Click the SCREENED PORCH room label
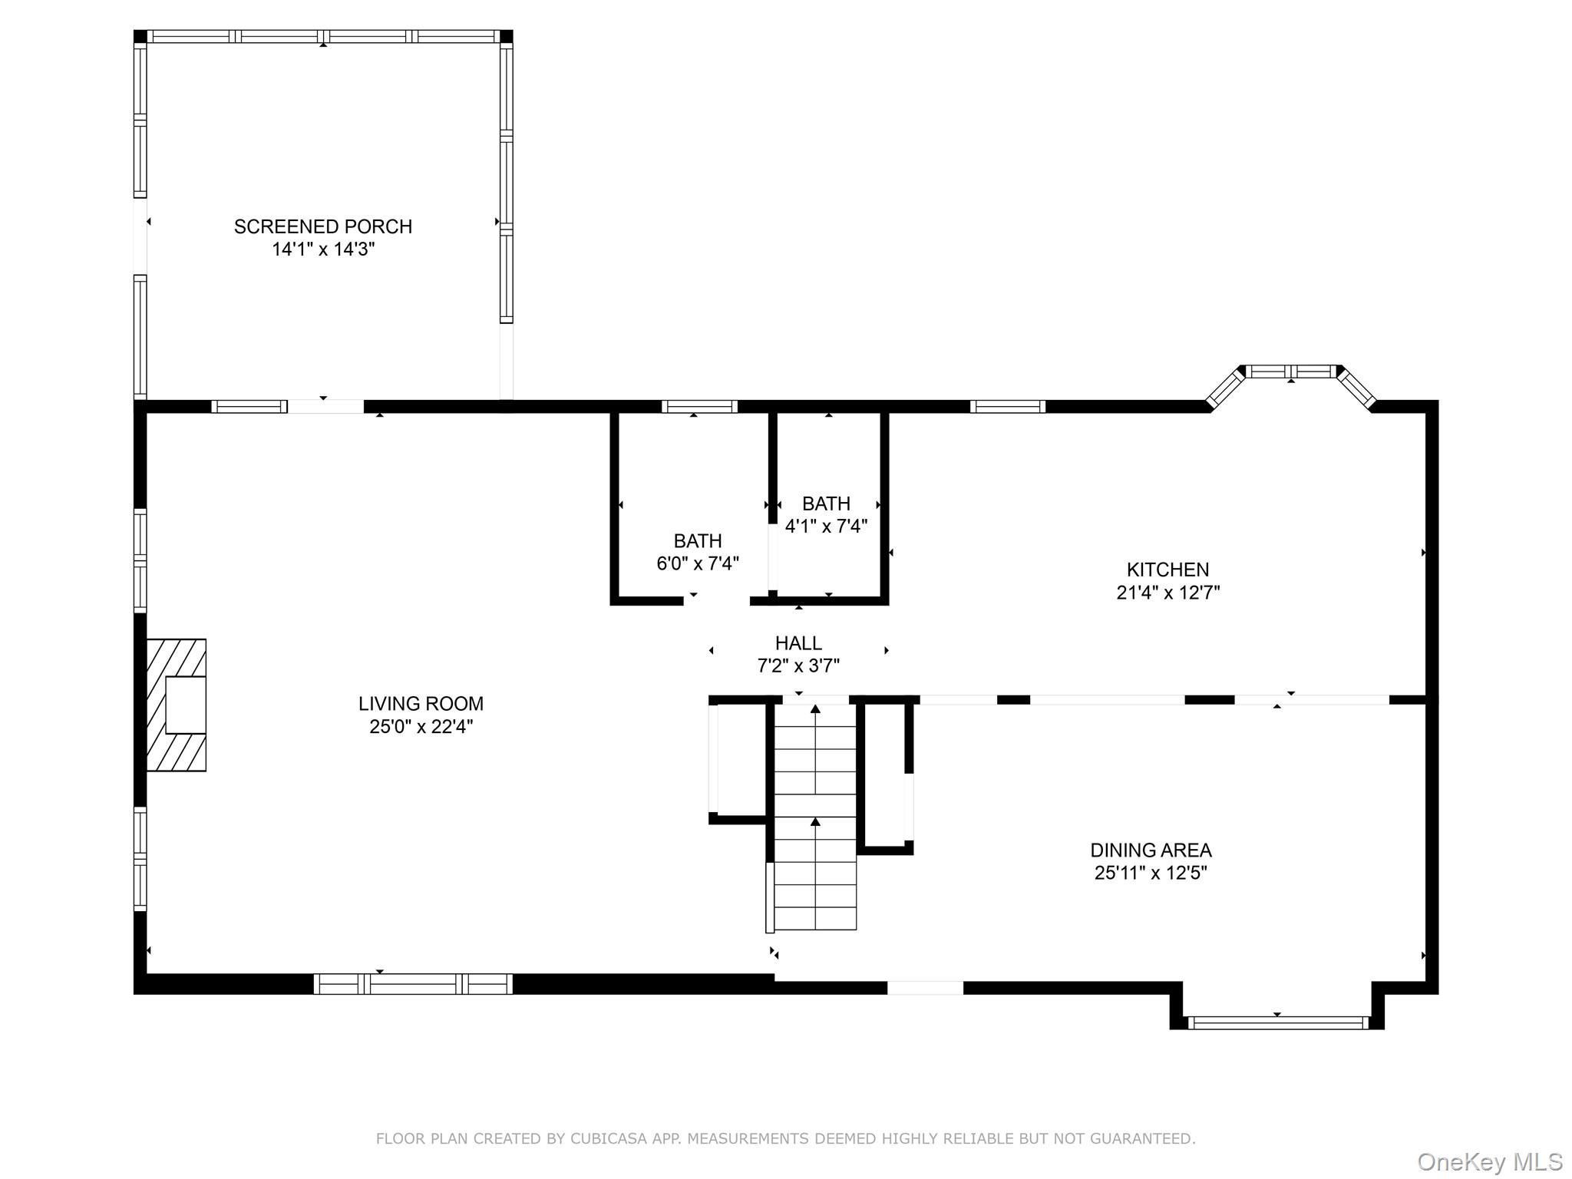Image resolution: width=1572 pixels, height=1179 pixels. point(323,226)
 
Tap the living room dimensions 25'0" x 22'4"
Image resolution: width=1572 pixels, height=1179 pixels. point(421,726)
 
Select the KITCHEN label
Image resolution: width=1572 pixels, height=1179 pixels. point(1167,570)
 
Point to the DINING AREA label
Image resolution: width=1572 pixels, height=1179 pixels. point(1151,850)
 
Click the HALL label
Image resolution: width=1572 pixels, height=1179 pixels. point(798,643)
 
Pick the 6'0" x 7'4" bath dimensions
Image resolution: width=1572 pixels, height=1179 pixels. point(698,563)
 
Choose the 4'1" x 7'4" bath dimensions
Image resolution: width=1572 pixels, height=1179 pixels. point(826,526)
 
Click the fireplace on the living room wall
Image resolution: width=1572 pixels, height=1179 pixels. point(177,705)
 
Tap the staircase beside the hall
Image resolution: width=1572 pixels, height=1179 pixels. point(815,817)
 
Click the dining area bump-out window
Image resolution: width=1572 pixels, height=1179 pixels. point(1278,1022)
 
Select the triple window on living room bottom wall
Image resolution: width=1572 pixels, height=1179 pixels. point(413,984)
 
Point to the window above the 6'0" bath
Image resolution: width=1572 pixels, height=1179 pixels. point(699,407)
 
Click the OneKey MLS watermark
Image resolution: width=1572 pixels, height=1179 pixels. point(1490,1162)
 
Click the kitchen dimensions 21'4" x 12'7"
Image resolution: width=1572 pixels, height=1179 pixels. point(1168,593)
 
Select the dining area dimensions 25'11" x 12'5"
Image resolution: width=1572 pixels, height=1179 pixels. point(1151,873)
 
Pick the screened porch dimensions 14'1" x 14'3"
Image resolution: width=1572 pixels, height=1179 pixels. point(323,249)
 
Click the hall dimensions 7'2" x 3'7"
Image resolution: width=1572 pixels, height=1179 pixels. point(798,665)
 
